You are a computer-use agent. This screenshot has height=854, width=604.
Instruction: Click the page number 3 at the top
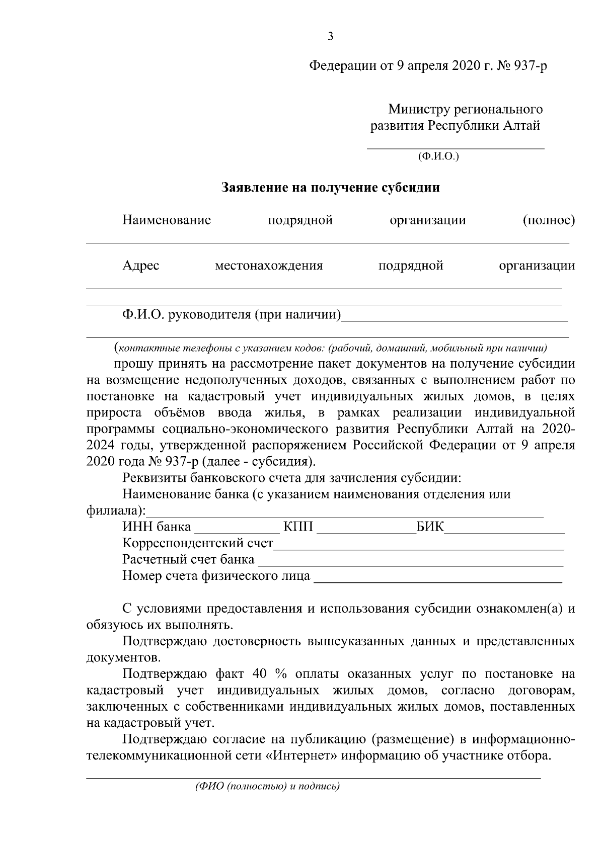pos(330,36)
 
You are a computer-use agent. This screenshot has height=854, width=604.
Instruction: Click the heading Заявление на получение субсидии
pos(331,188)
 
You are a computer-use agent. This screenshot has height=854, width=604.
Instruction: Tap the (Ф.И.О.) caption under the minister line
pos(438,156)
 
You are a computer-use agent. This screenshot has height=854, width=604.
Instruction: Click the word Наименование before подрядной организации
pos(166,220)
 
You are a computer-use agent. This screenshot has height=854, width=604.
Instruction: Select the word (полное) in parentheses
pos(548,220)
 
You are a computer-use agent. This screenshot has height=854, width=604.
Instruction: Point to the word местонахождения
pos(269,266)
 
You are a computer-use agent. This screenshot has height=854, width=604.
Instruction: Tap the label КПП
pos(298,527)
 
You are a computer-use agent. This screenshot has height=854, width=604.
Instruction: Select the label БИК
pos(430,527)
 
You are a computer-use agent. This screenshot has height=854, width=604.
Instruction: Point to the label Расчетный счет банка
pos(188,560)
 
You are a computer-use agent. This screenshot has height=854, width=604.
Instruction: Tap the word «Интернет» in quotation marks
pos(301,756)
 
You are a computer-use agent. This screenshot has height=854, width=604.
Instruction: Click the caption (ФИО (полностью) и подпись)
pos(267,787)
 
